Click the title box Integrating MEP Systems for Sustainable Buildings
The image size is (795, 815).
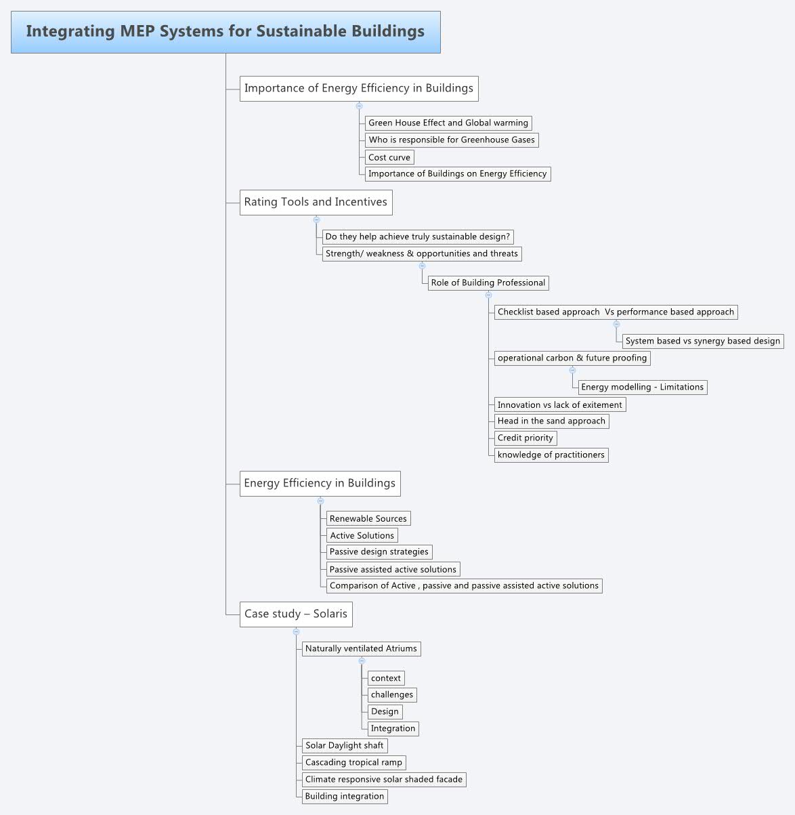[225, 32]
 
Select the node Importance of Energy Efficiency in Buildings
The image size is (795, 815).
[359, 88]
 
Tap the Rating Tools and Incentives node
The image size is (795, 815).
[316, 202]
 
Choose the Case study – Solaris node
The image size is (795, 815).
[296, 614]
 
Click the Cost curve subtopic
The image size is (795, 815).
[389, 157]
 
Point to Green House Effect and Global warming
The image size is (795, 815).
[448, 123]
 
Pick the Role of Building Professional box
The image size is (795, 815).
[488, 283]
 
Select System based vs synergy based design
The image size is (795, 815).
[703, 341]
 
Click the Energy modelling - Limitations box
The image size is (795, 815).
[643, 387]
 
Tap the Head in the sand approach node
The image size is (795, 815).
[551, 421]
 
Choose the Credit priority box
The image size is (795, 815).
[525, 438]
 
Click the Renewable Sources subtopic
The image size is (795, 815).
[368, 518]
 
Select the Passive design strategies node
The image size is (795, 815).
[379, 551]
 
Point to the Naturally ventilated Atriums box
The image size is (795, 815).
[361, 648]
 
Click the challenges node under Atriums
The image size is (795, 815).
[392, 694]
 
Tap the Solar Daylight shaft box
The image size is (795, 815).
[345, 745]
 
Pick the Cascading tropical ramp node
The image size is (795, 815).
[353, 762]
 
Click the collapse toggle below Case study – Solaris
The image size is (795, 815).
[296, 631]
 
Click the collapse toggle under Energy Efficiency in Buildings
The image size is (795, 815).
[320, 501]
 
